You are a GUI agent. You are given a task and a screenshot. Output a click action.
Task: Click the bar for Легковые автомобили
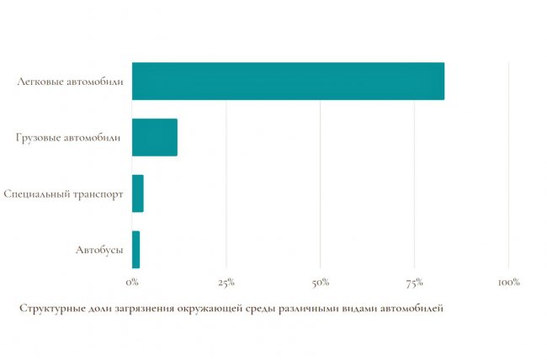(288, 82)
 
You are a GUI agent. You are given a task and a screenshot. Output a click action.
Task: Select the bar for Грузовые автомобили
(155, 137)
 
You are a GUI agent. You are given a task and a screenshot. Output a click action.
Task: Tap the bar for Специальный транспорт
(138, 193)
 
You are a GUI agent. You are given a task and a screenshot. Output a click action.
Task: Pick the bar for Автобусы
(136, 249)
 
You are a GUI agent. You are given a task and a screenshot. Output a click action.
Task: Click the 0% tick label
(132, 282)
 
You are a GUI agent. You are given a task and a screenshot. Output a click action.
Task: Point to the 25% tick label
(226, 282)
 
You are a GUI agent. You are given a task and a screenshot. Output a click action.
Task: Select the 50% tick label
(321, 282)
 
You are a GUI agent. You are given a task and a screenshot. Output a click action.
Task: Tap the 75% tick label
(414, 282)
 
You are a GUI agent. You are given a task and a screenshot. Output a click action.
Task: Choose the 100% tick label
(508, 282)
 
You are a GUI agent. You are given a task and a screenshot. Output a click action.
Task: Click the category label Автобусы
(99, 250)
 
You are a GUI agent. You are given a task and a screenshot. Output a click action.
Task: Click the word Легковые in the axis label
(38, 82)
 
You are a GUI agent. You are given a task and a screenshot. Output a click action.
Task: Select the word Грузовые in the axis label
(37, 138)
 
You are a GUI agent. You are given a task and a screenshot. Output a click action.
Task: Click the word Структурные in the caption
(49, 308)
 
